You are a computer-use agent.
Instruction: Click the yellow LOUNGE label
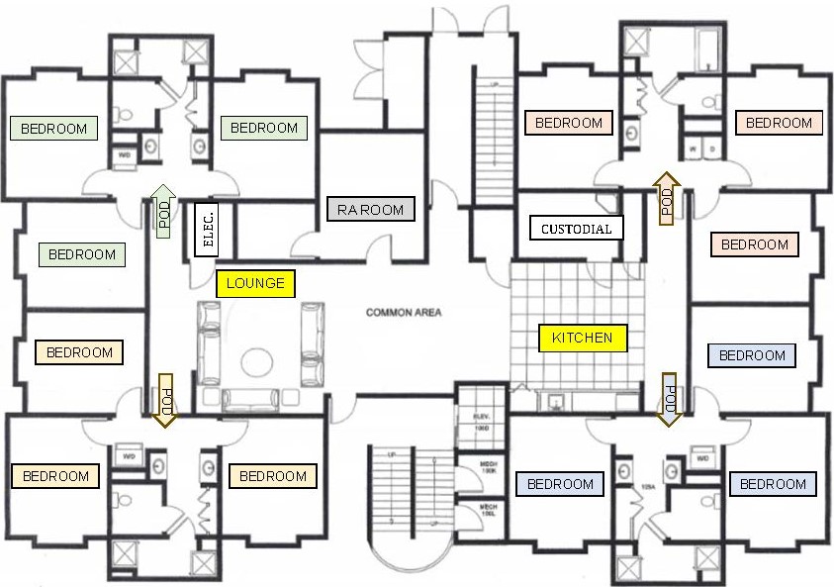point(255,283)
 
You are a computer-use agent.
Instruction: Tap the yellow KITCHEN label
point(582,338)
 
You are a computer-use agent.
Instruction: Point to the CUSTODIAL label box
point(577,229)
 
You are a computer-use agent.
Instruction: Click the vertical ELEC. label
point(207,229)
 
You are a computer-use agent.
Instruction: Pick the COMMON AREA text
point(404,313)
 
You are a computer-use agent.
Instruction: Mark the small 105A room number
point(649,486)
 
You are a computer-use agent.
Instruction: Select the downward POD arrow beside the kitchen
point(670,400)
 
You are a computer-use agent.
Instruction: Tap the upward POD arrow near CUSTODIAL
point(666,198)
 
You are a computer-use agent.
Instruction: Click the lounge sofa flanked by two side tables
point(261,398)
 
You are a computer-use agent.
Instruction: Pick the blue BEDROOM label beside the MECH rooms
point(560,484)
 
